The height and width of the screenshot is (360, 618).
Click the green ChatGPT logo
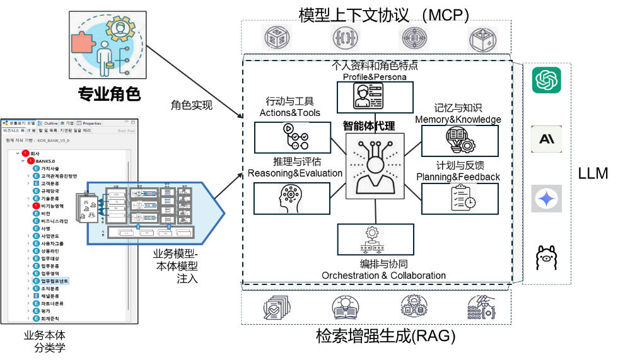click(546, 80)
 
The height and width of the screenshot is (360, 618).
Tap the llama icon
click(546, 258)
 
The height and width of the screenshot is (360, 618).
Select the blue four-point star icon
click(546, 199)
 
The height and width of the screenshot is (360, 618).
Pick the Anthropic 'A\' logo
click(546, 139)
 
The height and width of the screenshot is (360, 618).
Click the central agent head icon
click(375, 166)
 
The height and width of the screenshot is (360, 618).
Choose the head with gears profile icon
click(290, 198)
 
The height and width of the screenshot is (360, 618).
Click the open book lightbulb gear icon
click(460, 140)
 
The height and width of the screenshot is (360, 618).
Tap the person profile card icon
click(368, 96)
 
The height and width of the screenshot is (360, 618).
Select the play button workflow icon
click(296, 137)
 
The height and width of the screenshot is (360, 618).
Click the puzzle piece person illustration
click(107, 45)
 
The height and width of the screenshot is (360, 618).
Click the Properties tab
click(91, 123)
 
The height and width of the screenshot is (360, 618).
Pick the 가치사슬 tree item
click(50, 168)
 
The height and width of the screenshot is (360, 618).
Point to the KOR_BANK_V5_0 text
click(54, 141)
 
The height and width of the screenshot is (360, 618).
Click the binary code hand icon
click(482, 307)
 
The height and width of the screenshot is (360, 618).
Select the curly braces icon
click(346, 38)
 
